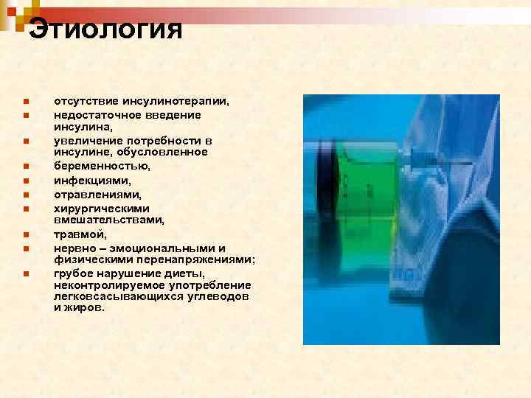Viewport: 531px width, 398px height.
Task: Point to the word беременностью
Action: [x=102, y=166]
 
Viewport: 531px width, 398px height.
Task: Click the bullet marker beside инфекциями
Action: [x=25, y=180]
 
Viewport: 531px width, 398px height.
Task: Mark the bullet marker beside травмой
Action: [x=25, y=235]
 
